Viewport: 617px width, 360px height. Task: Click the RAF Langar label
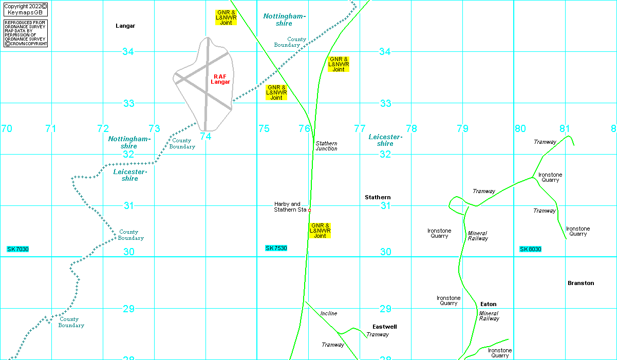point(220,79)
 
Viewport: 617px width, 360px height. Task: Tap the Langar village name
point(125,26)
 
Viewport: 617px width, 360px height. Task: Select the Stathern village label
point(378,197)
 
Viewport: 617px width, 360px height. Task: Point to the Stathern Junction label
point(326,146)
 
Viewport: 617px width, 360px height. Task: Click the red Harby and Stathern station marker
point(309,210)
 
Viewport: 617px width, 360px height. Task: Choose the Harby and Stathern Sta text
point(290,207)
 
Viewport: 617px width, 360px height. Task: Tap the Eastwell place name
point(385,327)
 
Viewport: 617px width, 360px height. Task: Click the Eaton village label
point(488,304)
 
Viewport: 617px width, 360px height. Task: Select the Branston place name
point(581,283)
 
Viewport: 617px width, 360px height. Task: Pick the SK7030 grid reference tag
point(17,249)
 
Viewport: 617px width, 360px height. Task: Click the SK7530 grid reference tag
point(276,249)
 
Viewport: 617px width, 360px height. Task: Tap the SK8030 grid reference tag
point(530,249)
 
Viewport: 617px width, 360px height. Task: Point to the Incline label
point(329,313)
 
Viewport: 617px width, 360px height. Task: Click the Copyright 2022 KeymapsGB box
point(25,9)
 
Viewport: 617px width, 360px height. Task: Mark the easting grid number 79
point(462,128)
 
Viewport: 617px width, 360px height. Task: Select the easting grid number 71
point(50,128)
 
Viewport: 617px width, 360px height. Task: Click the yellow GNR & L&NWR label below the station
point(320,231)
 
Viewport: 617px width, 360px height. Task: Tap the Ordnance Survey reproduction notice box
point(25,33)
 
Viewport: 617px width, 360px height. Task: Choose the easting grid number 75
point(264,128)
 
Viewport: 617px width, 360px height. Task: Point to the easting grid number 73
point(154,128)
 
